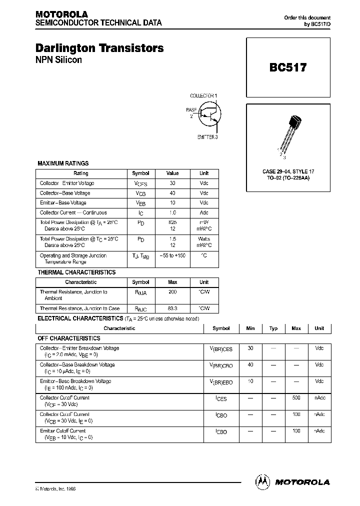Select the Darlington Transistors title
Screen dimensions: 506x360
[99, 48]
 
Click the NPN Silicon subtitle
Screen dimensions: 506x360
[58, 60]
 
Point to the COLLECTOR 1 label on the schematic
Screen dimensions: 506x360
[203, 95]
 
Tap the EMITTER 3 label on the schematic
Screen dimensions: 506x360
[207, 137]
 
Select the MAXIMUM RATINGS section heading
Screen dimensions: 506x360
[63, 163]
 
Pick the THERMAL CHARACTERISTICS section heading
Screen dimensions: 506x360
[76, 272]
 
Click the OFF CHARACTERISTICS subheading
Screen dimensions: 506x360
[69, 338]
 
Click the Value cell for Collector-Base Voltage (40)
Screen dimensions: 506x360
[172, 193]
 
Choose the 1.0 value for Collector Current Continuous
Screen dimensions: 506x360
[172, 212]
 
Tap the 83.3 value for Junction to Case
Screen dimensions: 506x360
[172, 308]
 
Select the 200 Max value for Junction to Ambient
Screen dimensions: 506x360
[172, 292]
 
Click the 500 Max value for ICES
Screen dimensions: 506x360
[296, 398]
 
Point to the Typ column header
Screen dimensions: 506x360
[273, 328]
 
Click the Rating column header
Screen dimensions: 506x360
[80, 173]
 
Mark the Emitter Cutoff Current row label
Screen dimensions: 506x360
[63, 430]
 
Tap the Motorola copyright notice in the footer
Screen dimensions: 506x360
[55, 488]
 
